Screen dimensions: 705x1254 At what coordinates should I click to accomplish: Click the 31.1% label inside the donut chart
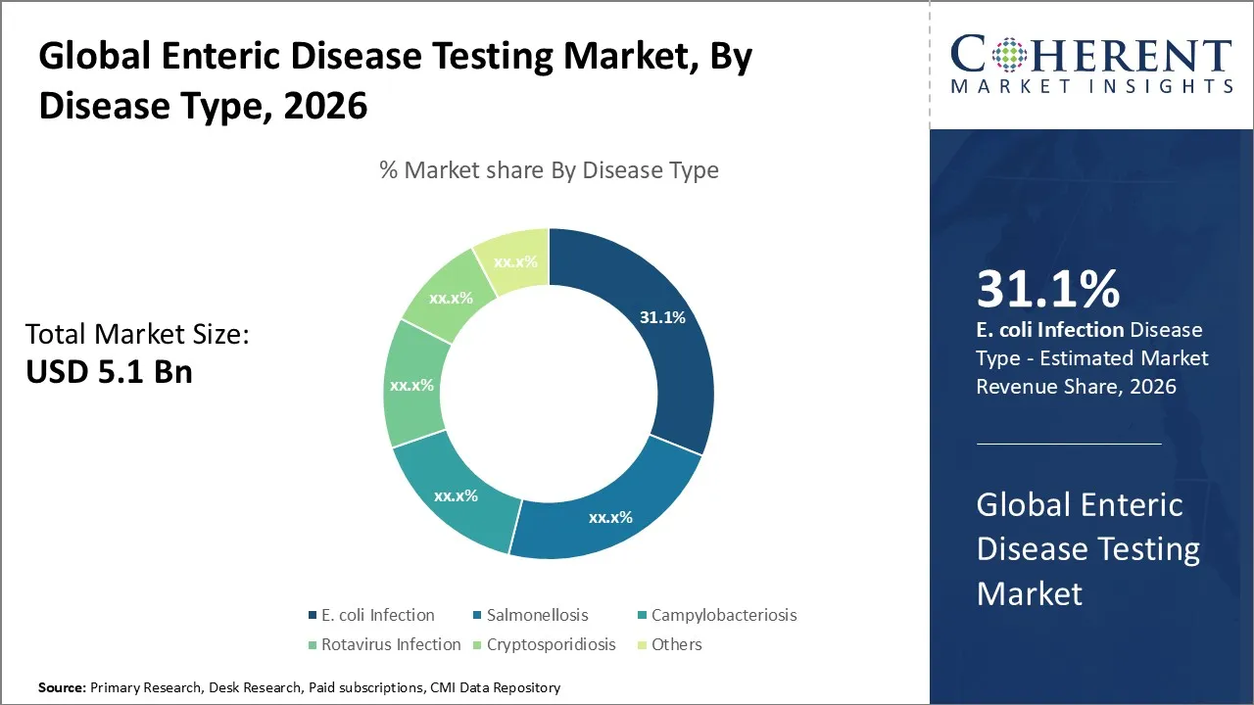662,317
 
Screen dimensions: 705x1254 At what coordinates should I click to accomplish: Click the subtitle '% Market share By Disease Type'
549,170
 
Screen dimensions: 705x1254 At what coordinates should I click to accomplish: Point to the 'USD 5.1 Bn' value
109,372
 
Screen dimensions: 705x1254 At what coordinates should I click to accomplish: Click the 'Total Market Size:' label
137,335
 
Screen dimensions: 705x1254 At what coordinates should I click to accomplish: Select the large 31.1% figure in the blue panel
1048,290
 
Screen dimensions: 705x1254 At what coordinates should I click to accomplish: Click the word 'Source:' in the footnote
63,688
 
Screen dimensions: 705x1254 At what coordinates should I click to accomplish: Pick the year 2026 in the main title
325,104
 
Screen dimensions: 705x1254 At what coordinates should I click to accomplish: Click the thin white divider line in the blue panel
1068,444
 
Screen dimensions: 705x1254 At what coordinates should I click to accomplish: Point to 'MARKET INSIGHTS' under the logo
1091,87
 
